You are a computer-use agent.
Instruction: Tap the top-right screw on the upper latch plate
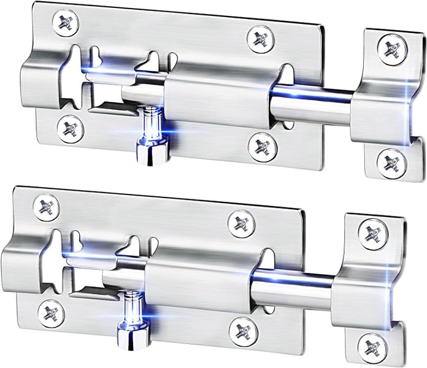click(x=261, y=39)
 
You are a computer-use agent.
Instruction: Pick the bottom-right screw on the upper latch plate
click(x=263, y=146)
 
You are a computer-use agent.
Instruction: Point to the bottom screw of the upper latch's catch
click(x=391, y=162)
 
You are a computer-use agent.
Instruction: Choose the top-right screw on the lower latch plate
click(x=244, y=223)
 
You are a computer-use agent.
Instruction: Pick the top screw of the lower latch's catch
click(x=372, y=233)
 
